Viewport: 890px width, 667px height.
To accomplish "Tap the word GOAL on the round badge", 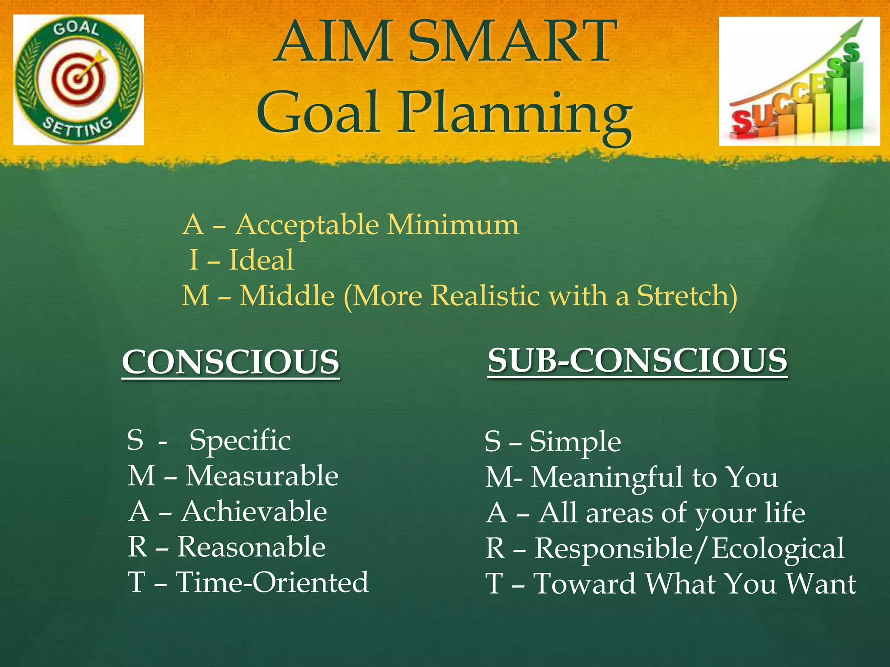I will point(76,29).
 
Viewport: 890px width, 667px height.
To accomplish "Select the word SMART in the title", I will point(513,41).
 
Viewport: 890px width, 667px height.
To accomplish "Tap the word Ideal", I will point(261,260).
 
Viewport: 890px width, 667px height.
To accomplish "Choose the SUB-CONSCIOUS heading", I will point(637,360).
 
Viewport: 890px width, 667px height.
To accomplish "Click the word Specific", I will point(240,440).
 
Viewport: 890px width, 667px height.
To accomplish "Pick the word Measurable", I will point(262,476).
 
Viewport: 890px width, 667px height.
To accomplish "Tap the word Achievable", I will point(254,511).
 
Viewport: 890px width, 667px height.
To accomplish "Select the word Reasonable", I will point(251,547).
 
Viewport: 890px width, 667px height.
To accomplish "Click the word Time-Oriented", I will point(272,582).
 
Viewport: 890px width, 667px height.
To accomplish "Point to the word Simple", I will point(575,442).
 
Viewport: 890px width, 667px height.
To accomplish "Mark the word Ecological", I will point(777,548).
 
